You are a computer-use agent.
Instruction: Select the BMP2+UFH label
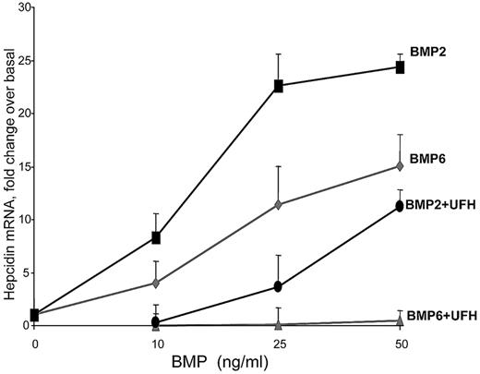[440, 204]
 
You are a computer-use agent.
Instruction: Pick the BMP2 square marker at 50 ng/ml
[400, 66]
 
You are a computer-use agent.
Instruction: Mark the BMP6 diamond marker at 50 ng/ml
[400, 166]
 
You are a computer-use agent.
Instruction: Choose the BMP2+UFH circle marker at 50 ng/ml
[400, 206]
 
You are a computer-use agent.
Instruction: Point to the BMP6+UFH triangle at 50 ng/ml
[400, 321]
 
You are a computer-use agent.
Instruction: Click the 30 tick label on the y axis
[18, 7]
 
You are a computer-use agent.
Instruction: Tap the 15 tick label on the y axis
[18, 167]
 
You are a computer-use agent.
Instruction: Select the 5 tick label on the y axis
[21, 273]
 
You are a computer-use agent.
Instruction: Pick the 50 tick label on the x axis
[400, 343]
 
